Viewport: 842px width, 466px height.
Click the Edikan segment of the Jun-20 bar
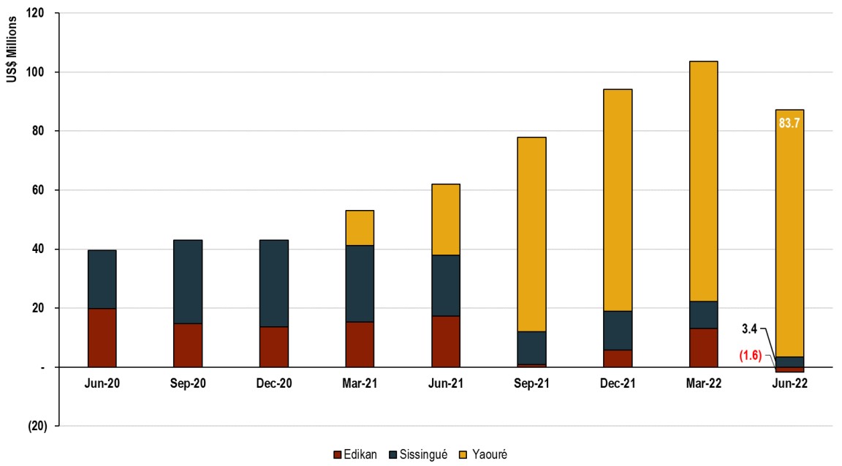click(102, 337)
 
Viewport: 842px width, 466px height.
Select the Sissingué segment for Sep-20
click(188, 282)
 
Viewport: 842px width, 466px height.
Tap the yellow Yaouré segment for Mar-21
click(360, 228)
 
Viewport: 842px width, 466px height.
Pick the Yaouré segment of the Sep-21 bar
click(531, 234)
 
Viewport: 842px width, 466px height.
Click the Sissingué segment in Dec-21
click(618, 331)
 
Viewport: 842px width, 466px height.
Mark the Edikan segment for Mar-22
click(703, 347)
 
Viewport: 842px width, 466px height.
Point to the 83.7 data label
click(789, 123)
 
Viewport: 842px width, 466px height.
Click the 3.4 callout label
click(749, 329)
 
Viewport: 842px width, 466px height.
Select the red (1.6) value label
click(751, 356)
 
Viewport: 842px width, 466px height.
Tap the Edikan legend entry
click(355, 454)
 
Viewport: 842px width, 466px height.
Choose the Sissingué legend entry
click(418, 454)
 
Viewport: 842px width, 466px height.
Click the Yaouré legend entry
click(482, 454)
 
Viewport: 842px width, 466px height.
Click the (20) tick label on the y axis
click(37, 426)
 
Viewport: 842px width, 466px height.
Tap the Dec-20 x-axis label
click(274, 383)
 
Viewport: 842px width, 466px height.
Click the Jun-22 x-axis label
click(789, 383)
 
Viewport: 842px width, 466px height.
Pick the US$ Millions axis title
click(12, 50)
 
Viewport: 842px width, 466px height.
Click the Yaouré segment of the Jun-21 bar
click(446, 219)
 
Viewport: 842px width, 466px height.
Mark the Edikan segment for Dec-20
click(274, 347)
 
